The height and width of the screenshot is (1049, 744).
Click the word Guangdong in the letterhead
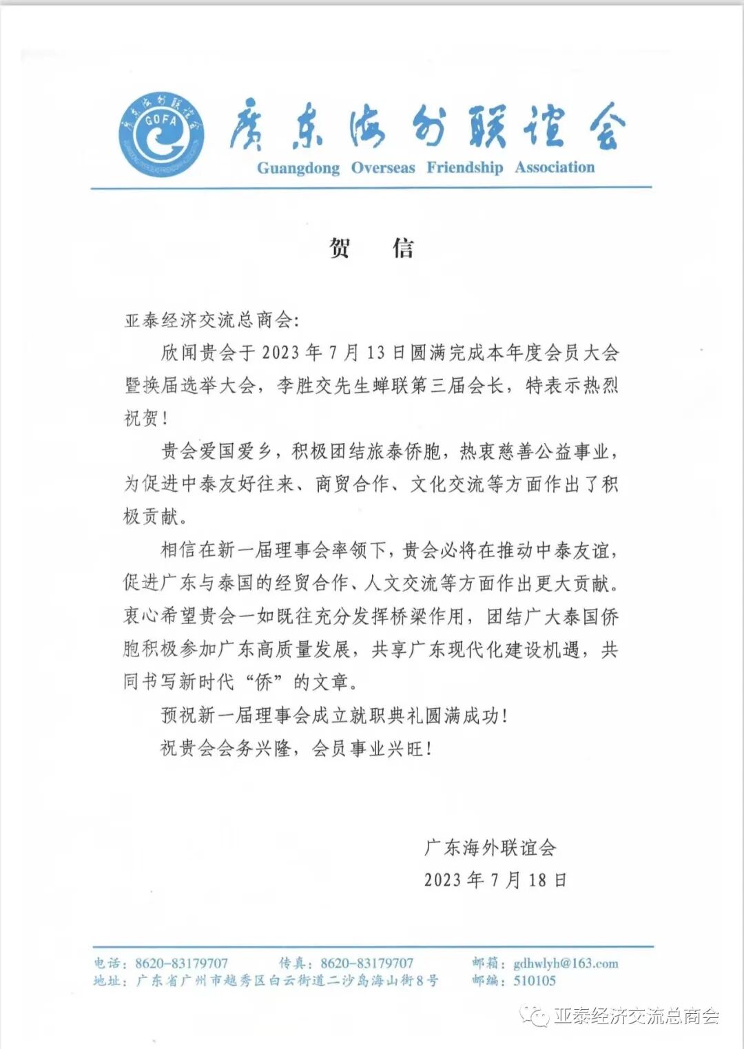pos(298,168)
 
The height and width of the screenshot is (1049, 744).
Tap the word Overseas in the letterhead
pos(383,168)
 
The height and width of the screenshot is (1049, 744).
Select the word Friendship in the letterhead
pos(464,168)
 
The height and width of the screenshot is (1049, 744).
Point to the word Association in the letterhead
pos(555,168)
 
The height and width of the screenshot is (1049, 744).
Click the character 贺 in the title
pos(340,247)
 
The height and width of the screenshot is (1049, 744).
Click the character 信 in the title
pos(404,247)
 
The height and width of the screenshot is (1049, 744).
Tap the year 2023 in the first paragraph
pos(280,353)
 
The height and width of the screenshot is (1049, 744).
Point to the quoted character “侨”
pos(262,683)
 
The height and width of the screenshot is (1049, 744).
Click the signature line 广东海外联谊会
pos(490,848)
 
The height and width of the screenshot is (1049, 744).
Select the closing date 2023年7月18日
pos(495,880)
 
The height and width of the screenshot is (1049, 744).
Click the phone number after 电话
pos(181,964)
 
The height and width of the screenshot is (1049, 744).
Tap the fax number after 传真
pos(367,964)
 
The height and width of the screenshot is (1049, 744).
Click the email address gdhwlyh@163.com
pos(566,964)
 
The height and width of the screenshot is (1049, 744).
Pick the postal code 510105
pos(535,981)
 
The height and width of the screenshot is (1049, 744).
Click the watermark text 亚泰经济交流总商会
pos(637,1016)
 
